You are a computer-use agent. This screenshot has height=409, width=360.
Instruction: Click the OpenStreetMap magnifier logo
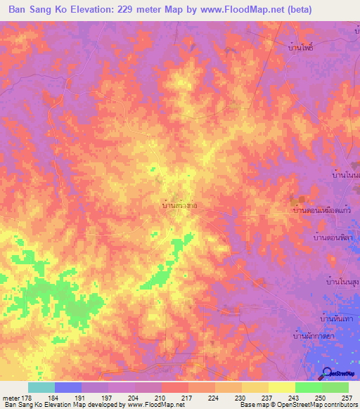pyautogui.click(x=327, y=373)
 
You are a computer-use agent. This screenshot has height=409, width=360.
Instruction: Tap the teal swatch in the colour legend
pyautogui.click(x=41, y=387)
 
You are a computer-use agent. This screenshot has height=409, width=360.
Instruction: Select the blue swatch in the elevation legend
pyautogui.click(x=67, y=387)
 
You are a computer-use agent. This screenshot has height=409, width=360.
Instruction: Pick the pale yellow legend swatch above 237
pyautogui.click(x=281, y=387)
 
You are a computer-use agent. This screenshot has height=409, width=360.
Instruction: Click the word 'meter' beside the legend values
pyautogui.click(x=11, y=398)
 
